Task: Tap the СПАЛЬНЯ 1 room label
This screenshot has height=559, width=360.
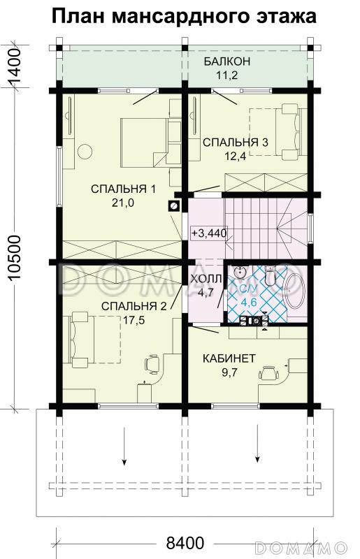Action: (122, 189)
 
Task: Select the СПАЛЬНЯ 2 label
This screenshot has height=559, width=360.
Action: (134, 305)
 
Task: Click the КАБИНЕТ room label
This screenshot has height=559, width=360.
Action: (229, 358)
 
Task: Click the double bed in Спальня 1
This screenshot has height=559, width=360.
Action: (143, 142)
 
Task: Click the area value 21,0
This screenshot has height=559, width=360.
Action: (122, 203)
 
